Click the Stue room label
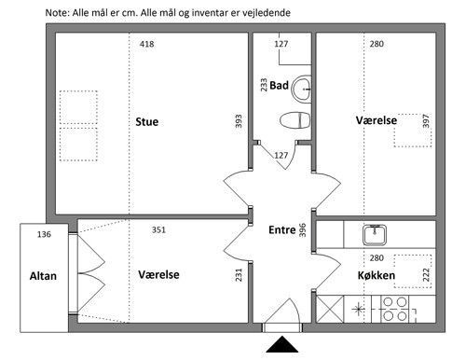point(147,121)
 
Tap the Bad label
point(279,85)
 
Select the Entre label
point(282,229)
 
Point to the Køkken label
point(377,275)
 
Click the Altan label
point(43,276)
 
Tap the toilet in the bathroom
point(294,120)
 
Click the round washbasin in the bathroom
point(302,89)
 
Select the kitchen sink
point(375,234)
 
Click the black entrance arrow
point(282,344)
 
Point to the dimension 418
point(146,44)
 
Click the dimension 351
point(158,229)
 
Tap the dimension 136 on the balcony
point(44,234)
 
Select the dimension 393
point(239,121)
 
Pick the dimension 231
point(239,275)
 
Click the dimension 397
point(426,121)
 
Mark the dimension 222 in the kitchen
point(426,275)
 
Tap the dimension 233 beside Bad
point(264,85)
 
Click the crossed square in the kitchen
point(330,309)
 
